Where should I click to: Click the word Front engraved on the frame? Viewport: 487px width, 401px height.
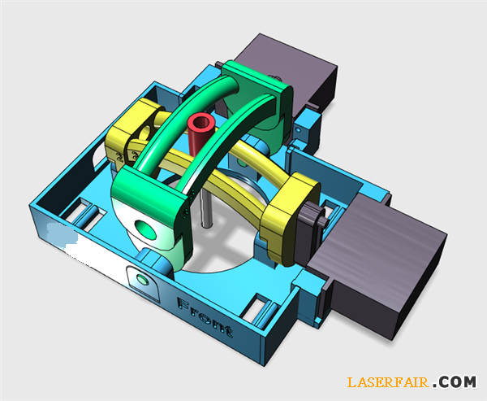coord(205,317)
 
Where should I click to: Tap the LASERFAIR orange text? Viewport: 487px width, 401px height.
coord(388,382)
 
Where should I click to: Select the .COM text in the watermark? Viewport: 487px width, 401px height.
coord(455,382)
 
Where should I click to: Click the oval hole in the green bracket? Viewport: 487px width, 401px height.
coord(146,229)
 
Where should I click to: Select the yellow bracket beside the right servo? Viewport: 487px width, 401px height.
coord(291,218)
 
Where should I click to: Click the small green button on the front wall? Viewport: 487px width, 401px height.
coord(143,280)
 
